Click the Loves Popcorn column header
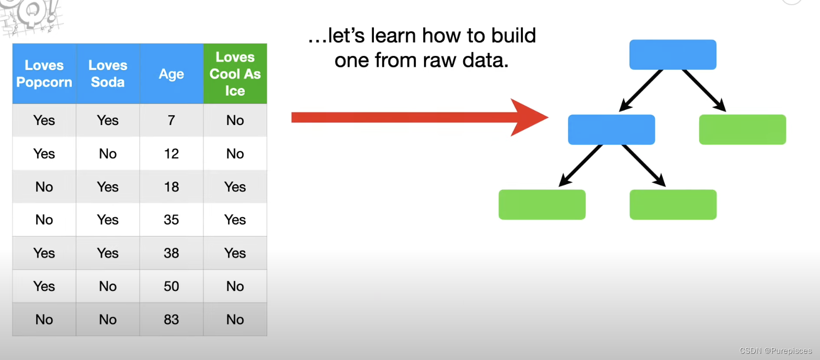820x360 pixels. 44,74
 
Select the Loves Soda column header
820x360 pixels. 108,74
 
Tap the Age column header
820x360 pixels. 172,74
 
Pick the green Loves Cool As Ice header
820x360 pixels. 235,74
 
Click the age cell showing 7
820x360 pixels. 172,120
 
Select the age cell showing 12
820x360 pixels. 172,153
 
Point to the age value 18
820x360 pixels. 172,187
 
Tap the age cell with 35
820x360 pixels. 172,220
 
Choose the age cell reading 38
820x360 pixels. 172,253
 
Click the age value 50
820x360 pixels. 172,286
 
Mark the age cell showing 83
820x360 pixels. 172,319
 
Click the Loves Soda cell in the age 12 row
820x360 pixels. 108,153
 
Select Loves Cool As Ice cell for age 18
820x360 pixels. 235,187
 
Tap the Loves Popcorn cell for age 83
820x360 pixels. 44,319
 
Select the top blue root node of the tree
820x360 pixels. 673,54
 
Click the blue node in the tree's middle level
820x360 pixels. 611,130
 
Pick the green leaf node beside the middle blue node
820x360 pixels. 743,130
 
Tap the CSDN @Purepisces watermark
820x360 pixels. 776,351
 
